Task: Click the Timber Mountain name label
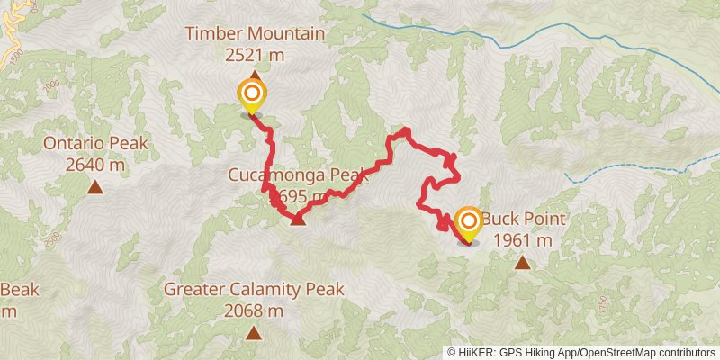click(255, 34)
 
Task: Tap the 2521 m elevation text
click(255, 55)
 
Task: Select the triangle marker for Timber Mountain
click(255, 76)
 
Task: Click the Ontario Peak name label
click(94, 144)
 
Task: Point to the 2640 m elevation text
click(94, 165)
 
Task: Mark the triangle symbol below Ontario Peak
click(94, 187)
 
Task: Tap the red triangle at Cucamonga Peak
click(298, 218)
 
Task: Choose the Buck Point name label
click(523, 220)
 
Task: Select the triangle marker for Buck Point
click(523, 263)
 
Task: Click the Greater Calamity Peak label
click(255, 290)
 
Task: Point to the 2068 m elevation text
click(255, 310)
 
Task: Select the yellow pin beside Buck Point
click(468, 224)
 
